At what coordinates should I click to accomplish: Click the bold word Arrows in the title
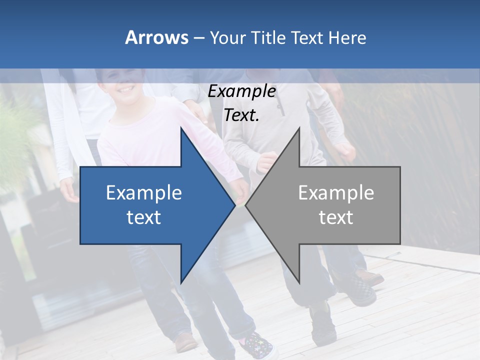156,37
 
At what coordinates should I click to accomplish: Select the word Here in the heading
347,37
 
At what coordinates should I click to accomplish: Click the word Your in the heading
227,38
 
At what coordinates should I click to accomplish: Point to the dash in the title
198,38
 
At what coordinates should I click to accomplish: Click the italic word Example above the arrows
241,91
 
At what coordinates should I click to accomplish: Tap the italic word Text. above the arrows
241,115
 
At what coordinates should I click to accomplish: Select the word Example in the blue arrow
144,192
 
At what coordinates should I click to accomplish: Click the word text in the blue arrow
144,217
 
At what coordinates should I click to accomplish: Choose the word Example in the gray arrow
336,192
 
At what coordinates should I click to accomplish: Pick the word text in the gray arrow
336,217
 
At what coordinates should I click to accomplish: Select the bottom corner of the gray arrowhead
299,282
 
